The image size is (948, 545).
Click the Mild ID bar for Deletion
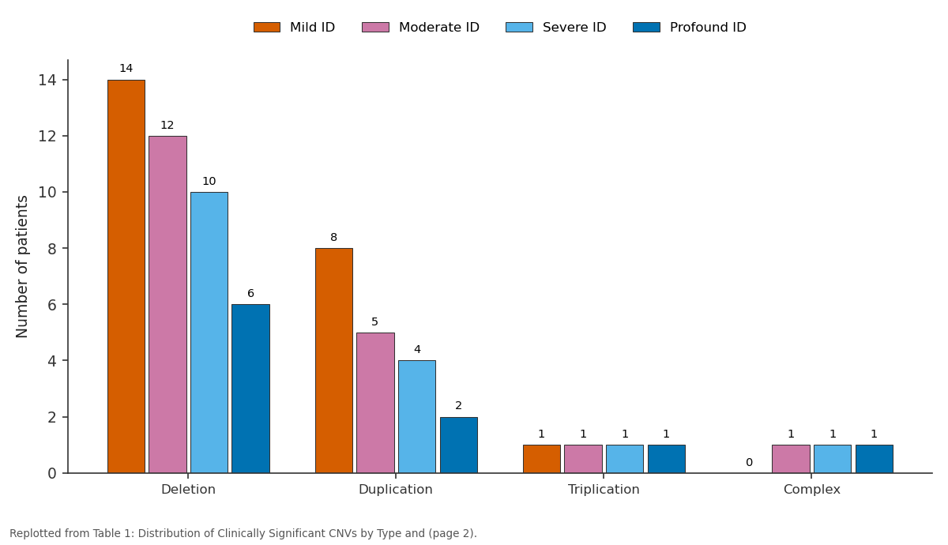click(126, 276)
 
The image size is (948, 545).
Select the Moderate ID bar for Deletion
click(167, 305)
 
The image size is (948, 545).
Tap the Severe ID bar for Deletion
click(209, 333)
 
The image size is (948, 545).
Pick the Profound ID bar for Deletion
click(250, 389)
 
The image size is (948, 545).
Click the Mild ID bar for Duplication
click(334, 360)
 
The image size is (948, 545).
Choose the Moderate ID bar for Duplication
click(375, 403)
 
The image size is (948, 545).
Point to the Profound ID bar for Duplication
click(459, 445)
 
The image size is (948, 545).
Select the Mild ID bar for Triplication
click(542, 459)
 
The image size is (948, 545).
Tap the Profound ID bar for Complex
click(875, 459)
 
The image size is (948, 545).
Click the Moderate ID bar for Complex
click(791, 459)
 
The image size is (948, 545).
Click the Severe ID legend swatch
click(519, 28)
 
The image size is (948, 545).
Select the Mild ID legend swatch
click(267, 28)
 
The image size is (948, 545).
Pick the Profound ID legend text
click(708, 28)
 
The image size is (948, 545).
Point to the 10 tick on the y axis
click(65, 192)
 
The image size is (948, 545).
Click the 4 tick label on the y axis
click(52, 361)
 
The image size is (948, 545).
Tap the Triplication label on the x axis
click(604, 490)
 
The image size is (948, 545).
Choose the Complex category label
click(812, 490)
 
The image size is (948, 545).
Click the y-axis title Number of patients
click(21, 267)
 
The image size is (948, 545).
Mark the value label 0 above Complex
click(749, 463)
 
